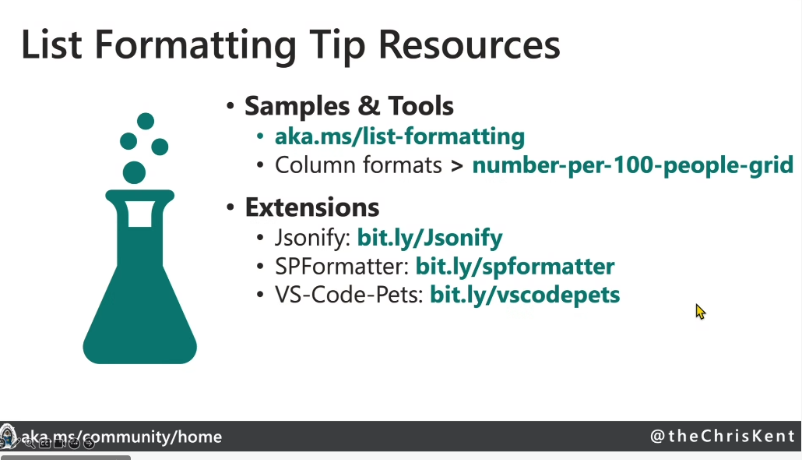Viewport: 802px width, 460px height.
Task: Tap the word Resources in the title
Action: [469, 45]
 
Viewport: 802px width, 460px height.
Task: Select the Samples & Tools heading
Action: [350, 106]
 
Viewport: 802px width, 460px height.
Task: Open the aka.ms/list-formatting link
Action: [400, 136]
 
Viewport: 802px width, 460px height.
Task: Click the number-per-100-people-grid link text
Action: [633, 165]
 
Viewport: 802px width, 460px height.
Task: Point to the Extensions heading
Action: [312, 207]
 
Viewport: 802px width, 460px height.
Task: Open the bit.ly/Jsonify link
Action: [430, 238]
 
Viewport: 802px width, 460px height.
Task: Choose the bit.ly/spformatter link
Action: [515, 267]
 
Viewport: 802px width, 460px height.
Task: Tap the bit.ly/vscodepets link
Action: [525, 295]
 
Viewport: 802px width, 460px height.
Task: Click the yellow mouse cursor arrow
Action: [700, 311]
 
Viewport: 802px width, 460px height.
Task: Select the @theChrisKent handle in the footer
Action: [723, 436]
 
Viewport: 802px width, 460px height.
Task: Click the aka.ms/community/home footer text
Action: [121, 437]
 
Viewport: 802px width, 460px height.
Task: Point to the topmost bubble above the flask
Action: [146, 121]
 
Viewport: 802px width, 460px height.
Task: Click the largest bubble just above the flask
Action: [135, 172]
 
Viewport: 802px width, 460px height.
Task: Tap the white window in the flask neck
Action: [140, 214]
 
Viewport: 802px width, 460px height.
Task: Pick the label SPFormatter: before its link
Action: [342, 267]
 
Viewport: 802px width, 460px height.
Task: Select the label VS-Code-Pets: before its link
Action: [349, 295]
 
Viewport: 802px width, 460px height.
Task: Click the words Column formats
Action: [358, 165]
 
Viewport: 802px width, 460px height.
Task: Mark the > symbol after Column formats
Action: [457, 166]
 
